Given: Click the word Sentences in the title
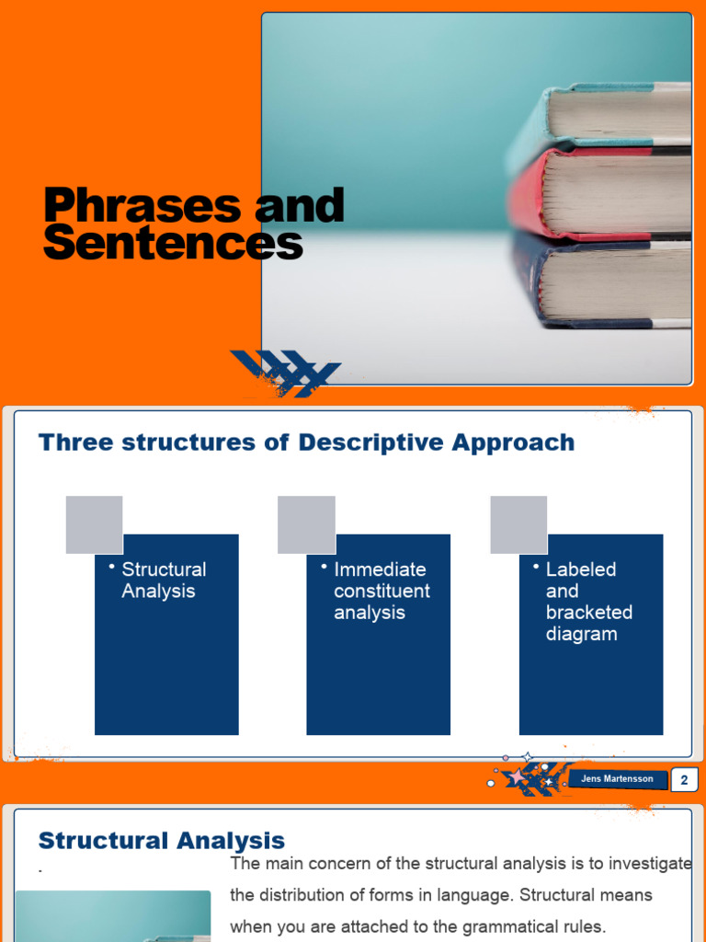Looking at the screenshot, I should tap(173, 243).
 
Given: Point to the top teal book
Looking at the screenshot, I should tap(616, 115).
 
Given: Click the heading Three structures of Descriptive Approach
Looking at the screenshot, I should tap(306, 442).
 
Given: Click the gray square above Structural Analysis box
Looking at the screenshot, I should tap(94, 524).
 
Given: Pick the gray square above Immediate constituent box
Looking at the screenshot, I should tap(306, 524).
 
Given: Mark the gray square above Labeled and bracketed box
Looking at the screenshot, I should tap(518, 524).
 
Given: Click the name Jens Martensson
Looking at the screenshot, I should tap(617, 779).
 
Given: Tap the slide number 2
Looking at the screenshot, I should tap(684, 781).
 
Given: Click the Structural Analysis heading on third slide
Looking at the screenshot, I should tap(162, 841).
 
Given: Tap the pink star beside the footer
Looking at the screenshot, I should tap(518, 777).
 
